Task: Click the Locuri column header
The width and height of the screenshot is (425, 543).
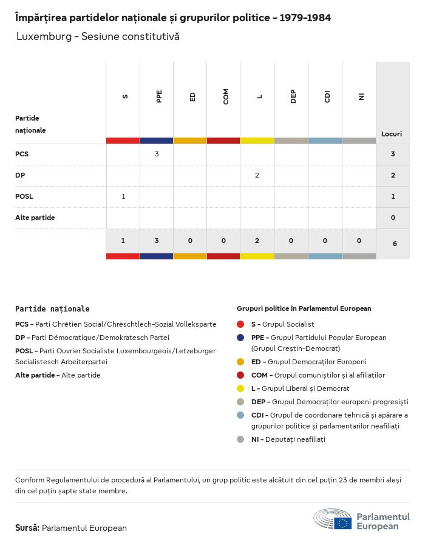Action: coord(392,134)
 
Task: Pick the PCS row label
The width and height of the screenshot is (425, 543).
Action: coord(22,155)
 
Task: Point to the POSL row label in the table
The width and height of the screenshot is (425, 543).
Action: coord(24,196)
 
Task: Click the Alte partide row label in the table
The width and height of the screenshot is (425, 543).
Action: coord(35,218)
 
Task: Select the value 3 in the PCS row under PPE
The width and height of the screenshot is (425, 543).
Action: coord(157,155)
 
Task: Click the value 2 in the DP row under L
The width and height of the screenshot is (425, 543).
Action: coord(257,175)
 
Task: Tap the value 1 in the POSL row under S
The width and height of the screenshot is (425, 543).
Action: coord(123,196)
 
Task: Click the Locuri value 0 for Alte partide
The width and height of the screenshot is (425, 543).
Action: coord(393,218)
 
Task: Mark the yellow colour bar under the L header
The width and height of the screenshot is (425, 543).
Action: coord(257,141)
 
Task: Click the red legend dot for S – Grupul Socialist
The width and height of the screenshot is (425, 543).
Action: coord(240,324)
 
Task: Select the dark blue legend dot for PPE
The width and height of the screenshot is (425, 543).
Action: coord(240,338)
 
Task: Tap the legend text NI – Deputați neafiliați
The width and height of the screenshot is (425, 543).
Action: coord(288,439)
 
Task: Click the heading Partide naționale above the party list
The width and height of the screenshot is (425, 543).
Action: coord(52,309)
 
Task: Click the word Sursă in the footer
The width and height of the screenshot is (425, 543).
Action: coord(27,528)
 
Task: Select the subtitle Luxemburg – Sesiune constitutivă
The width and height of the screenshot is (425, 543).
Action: coord(98,36)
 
